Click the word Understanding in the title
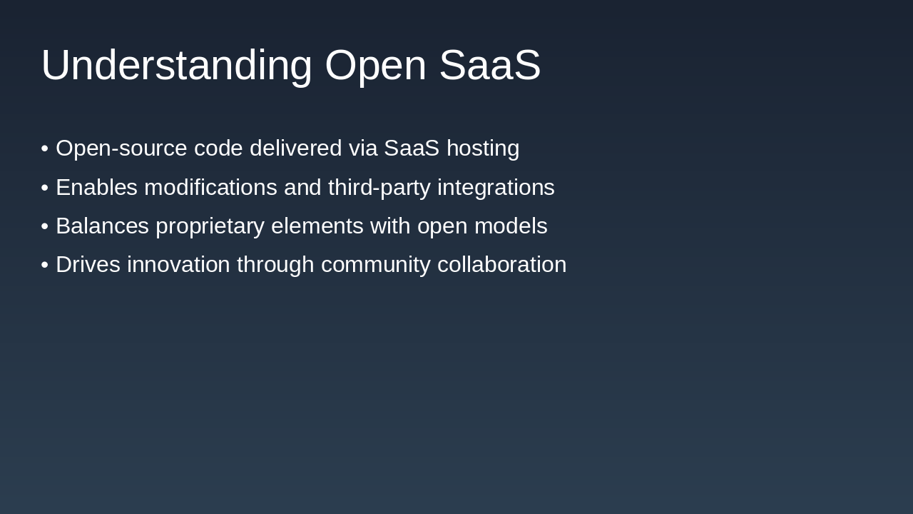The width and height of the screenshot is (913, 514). (x=176, y=66)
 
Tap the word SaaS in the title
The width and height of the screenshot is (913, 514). (x=489, y=66)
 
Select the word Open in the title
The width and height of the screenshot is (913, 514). (x=375, y=66)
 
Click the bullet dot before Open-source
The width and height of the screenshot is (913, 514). (x=45, y=148)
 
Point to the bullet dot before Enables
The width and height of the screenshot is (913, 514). (x=45, y=188)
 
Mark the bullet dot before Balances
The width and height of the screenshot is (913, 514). (x=45, y=226)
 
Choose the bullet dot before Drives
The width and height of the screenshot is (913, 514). (x=45, y=265)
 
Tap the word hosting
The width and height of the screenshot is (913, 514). (x=483, y=148)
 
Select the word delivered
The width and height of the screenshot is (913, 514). (x=295, y=148)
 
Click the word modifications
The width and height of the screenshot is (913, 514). (x=210, y=188)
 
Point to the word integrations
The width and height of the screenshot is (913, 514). (x=496, y=188)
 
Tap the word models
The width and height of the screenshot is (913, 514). (x=515, y=226)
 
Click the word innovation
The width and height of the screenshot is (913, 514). (x=178, y=265)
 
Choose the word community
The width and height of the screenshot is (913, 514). (x=375, y=265)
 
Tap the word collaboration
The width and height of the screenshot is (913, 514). (x=501, y=265)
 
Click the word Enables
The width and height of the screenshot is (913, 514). (x=96, y=188)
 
